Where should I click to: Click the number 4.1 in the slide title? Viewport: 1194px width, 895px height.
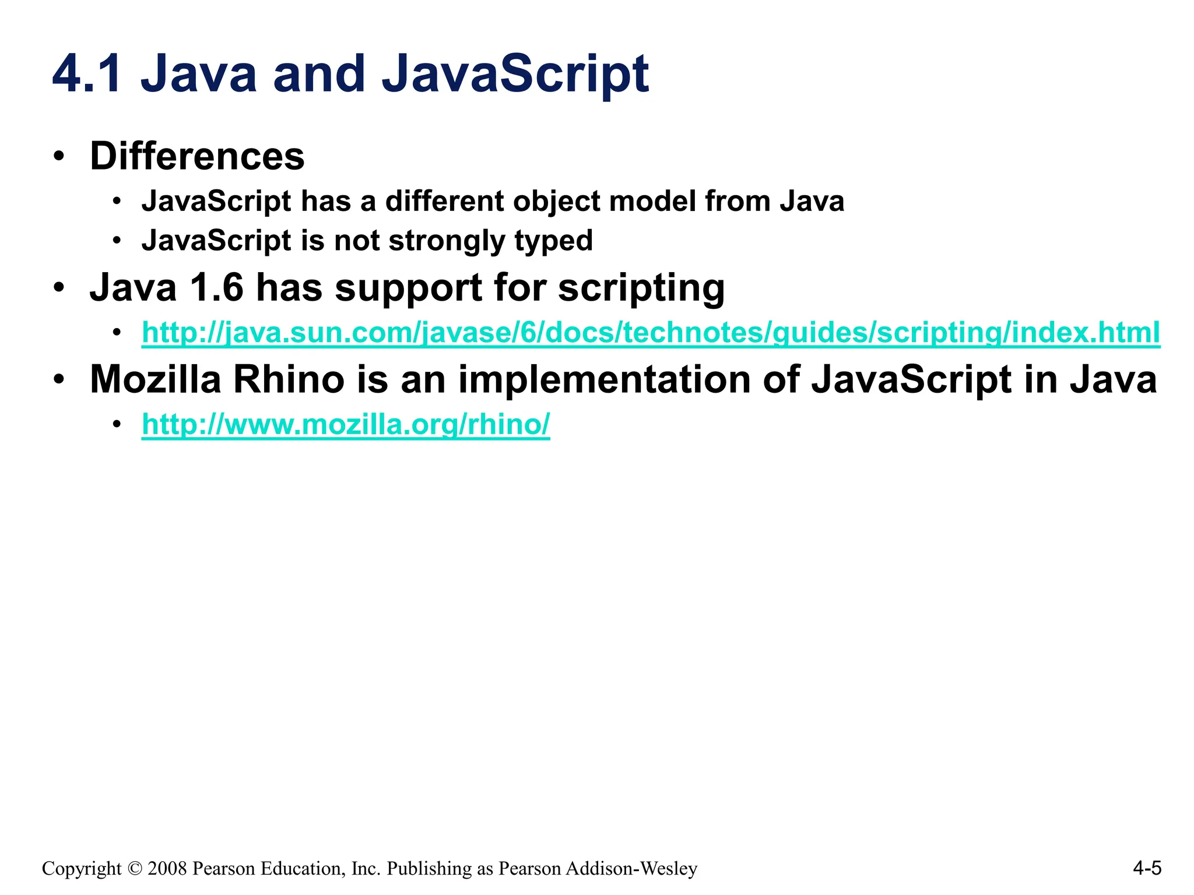tap(87, 74)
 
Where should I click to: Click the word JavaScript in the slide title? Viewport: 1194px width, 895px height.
tap(515, 74)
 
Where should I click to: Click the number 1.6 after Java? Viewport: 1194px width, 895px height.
tap(216, 287)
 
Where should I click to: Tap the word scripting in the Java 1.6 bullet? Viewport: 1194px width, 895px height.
tap(641, 287)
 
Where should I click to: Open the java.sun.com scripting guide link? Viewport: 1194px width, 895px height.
tap(651, 333)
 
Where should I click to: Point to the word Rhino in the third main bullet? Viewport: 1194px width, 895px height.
tap(289, 379)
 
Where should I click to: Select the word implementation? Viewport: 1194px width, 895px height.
tap(605, 379)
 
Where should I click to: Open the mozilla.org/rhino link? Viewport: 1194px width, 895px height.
tap(346, 424)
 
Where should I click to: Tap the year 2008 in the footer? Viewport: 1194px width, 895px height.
tap(167, 869)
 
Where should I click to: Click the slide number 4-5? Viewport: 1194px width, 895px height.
tap(1147, 868)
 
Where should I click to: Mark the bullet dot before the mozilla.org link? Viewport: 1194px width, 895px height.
tap(117, 424)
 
